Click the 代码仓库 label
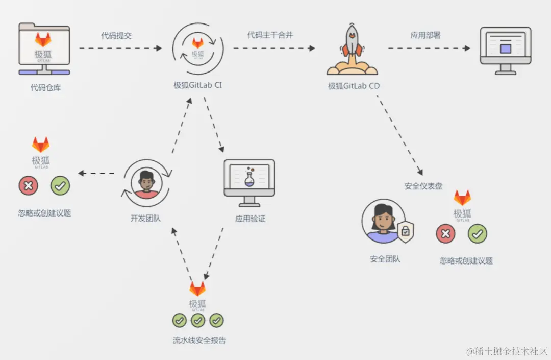[45, 88]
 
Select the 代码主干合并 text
[270, 35]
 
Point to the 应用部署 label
[425, 35]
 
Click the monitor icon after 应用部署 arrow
[505, 50]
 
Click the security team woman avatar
[383, 222]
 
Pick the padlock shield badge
[405, 232]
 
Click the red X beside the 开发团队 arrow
[28, 186]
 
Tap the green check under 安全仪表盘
[478, 234]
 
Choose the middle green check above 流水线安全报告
[198, 320]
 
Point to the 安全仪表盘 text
[423, 186]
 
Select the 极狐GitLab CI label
[198, 85]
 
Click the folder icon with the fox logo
[44, 50]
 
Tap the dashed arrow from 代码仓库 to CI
[120, 48]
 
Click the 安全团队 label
[385, 259]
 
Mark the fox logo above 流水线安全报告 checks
[197, 289]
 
